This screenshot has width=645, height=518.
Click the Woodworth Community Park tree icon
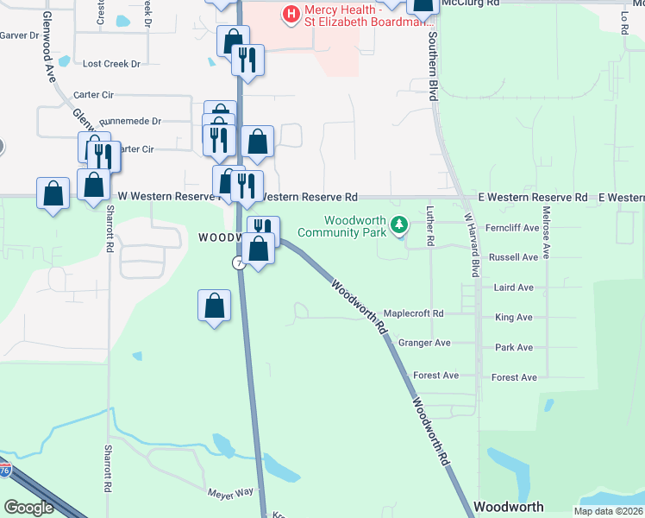coord(398,224)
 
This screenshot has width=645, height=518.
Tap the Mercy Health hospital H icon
coord(291,14)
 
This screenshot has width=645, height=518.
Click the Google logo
coord(28,508)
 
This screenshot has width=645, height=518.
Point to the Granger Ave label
coord(424,343)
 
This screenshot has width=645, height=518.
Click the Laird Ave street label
coord(513,287)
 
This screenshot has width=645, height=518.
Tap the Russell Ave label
coord(513,257)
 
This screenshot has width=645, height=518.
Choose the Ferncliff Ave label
coord(512,228)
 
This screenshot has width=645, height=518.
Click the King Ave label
coord(514,318)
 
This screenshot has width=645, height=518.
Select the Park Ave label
coord(514,347)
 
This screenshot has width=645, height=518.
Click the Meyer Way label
coord(231,492)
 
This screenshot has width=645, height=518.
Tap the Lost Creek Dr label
coord(110,64)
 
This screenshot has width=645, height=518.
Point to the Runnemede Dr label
coord(130,122)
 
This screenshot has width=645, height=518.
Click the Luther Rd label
coord(431,224)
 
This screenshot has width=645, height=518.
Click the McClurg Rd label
coord(469,3)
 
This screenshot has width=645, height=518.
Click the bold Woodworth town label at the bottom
coord(509,507)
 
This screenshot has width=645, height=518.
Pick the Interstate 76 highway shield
coord(5,470)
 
